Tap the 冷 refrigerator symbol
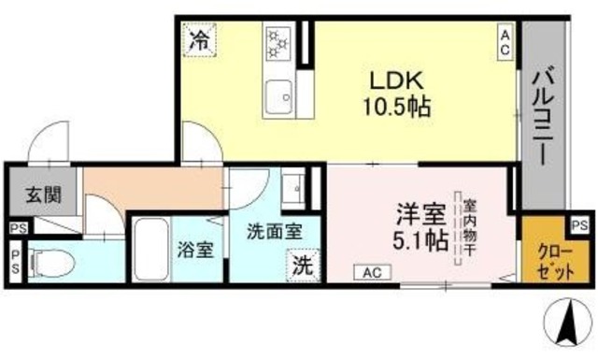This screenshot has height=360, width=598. coord(199,41)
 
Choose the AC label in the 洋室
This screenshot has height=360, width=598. coord(371,272)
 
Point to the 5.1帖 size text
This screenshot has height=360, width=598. coord(418,239)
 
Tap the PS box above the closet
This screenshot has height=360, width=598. coord(579,225)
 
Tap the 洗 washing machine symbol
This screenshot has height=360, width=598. coord(302,265)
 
